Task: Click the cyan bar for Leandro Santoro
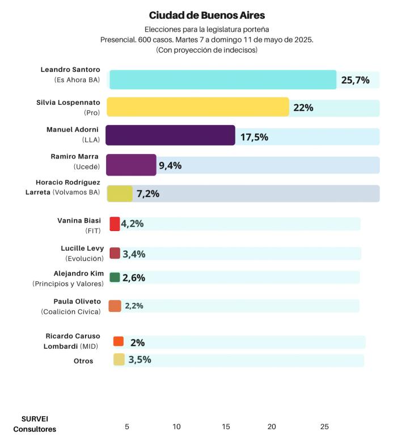[x=223, y=80]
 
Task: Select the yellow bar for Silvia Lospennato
[x=198, y=107]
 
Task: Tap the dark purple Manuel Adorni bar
[x=170, y=135]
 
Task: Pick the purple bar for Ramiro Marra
[x=131, y=165]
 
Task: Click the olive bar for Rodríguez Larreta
[x=120, y=194]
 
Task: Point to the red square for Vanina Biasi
[x=115, y=224]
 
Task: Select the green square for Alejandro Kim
[x=115, y=277]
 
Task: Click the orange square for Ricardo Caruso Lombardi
[x=119, y=341]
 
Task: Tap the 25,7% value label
[x=356, y=80]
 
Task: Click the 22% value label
[x=303, y=108]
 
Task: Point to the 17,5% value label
[x=254, y=137]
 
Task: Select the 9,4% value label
[x=170, y=165]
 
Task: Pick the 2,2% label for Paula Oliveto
[x=134, y=306]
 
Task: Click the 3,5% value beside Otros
[x=140, y=359]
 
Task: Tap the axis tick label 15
[x=226, y=427]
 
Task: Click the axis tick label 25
[x=324, y=427]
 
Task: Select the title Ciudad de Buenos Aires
[x=207, y=15]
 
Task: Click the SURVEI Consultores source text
[x=35, y=424]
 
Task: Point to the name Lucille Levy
[x=82, y=249]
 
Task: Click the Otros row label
[x=83, y=361]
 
